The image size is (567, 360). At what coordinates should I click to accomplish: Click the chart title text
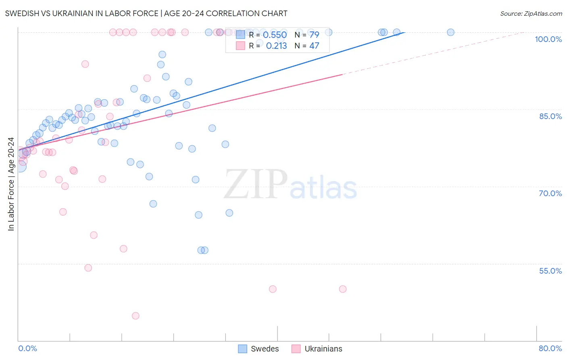coord(146,13)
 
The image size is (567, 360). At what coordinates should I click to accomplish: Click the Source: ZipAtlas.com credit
coord(531,13)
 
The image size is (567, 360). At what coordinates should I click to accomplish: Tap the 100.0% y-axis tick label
coord(548,39)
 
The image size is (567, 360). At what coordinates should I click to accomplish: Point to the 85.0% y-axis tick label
coord(550,116)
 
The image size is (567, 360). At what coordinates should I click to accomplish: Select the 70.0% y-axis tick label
coord(550,193)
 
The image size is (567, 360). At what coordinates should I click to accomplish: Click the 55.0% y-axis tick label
coord(550,271)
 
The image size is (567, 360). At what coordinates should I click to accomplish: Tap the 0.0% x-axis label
coord(27,348)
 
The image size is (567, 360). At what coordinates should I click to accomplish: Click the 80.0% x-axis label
coord(550,348)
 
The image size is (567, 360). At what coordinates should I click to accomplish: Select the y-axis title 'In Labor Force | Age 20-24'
coord(11,184)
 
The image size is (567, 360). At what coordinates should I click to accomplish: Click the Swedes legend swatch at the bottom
coord(242,349)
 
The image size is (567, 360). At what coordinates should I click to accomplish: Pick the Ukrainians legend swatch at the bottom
coord(296,349)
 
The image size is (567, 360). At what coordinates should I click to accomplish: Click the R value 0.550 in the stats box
coord(275,35)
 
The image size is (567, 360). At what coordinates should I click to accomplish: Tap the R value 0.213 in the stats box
coord(276,46)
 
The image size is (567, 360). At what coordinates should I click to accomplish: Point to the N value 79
coord(314,35)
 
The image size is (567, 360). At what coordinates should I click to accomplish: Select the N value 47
coord(314,46)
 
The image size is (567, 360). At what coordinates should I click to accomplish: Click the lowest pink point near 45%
coord(135,316)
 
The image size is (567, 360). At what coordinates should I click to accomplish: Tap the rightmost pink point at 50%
coord(343,289)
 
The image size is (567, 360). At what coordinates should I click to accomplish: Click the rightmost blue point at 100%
coord(451,32)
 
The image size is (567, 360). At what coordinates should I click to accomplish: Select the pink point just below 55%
coord(88,268)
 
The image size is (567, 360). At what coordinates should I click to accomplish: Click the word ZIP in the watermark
coord(255,185)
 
